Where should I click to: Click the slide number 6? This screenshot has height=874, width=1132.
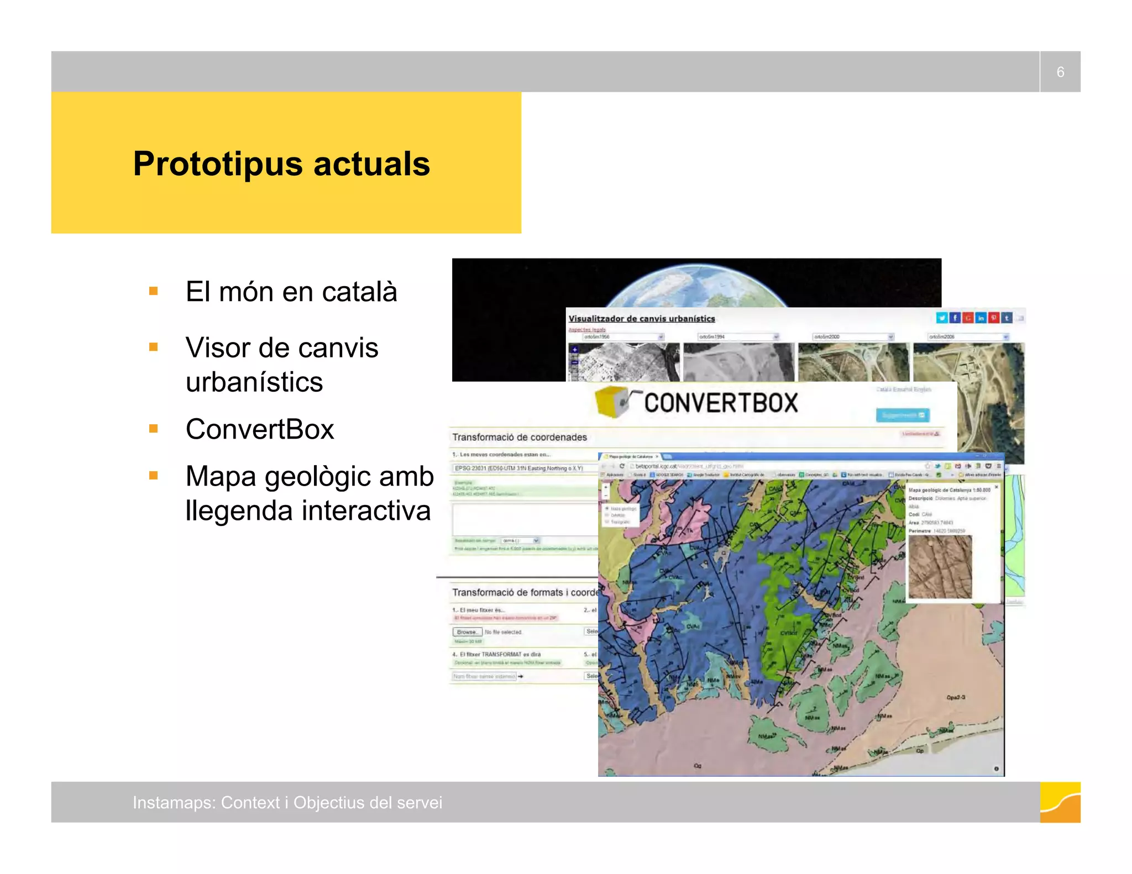click(x=1060, y=72)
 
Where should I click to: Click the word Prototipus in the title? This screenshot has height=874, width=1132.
click(x=218, y=164)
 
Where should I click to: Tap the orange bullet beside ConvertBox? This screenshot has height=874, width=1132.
click(x=154, y=429)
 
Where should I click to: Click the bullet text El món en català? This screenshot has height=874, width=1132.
click(x=291, y=292)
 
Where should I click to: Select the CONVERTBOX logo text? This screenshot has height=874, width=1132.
click(x=721, y=403)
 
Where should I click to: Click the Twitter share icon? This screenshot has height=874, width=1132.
click(x=941, y=318)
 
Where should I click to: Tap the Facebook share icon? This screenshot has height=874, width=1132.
click(x=955, y=318)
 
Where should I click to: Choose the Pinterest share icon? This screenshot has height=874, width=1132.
click(x=994, y=318)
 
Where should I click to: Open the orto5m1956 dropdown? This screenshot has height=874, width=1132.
click(x=623, y=336)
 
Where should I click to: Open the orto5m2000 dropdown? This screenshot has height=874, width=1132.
click(x=852, y=336)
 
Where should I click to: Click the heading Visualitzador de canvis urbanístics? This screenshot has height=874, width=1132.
click(x=642, y=319)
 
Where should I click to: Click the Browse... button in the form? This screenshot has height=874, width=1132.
click(x=467, y=631)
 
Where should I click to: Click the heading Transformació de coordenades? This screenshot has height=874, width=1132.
click(x=520, y=437)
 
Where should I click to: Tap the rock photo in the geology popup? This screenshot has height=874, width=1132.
click(x=940, y=567)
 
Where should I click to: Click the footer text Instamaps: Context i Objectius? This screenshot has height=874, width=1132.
click(x=287, y=802)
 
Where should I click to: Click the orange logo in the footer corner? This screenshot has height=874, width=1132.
click(x=1060, y=802)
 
